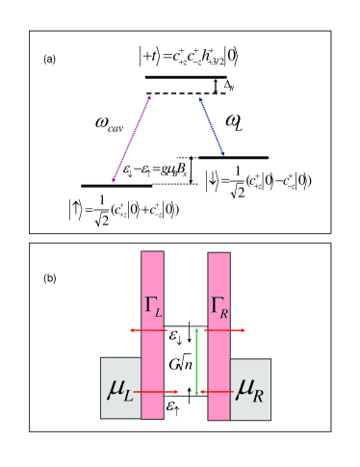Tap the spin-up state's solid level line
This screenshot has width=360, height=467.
pyautogui.click(x=115, y=185)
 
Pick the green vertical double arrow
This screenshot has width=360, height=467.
pyautogui.click(x=197, y=362)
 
